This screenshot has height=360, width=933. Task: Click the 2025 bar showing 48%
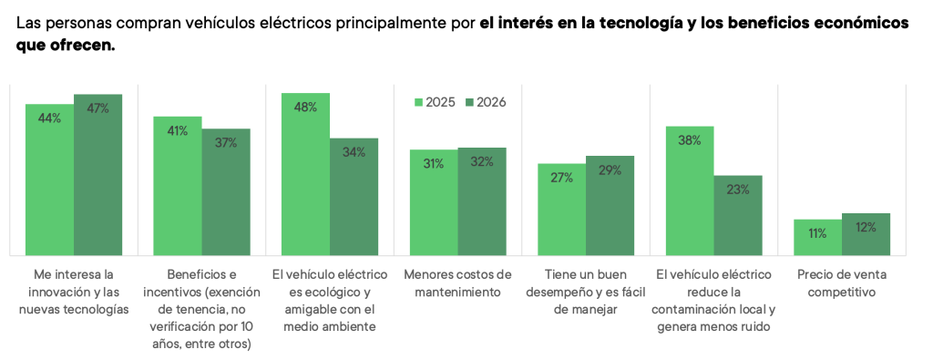[306, 174]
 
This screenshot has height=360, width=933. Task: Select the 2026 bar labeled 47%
[98, 175]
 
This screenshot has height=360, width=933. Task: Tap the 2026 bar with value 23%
[738, 215]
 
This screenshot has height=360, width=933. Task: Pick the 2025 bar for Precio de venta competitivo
[817, 238]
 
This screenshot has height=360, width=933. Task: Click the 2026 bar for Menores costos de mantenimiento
[482, 201]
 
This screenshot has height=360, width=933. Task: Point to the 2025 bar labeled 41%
[178, 186]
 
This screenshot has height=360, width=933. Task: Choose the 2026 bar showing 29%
[610, 206]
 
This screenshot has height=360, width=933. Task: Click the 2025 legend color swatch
[418, 102]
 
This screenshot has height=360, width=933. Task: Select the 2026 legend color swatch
[469, 102]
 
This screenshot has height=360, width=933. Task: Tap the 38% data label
[690, 140]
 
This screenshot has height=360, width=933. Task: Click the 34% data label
[354, 152]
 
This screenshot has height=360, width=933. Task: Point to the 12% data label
[866, 227]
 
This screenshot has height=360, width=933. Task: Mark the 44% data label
[49, 118]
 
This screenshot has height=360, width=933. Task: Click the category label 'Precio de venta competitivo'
[842, 283]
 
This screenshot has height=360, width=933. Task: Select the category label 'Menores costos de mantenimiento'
[458, 283]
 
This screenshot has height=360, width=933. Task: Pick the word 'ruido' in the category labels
[754, 326]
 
